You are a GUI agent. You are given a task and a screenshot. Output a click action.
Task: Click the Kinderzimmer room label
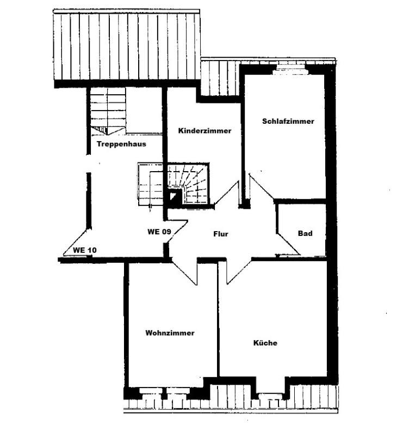(204, 131)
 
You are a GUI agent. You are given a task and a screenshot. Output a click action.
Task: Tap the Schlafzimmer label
(288, 122)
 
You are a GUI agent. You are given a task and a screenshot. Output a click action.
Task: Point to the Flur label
(220, 234)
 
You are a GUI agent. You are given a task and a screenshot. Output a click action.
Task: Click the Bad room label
(305, 233)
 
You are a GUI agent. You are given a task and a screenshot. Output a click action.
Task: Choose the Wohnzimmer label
(170, 332)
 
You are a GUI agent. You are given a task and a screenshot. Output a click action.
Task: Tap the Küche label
(265, 343)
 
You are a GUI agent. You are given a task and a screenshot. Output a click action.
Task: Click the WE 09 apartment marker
(159, 231)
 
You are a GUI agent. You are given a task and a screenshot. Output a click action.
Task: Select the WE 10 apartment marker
(85, 250)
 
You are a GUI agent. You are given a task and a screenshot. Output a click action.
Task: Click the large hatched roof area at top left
(126, 46)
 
